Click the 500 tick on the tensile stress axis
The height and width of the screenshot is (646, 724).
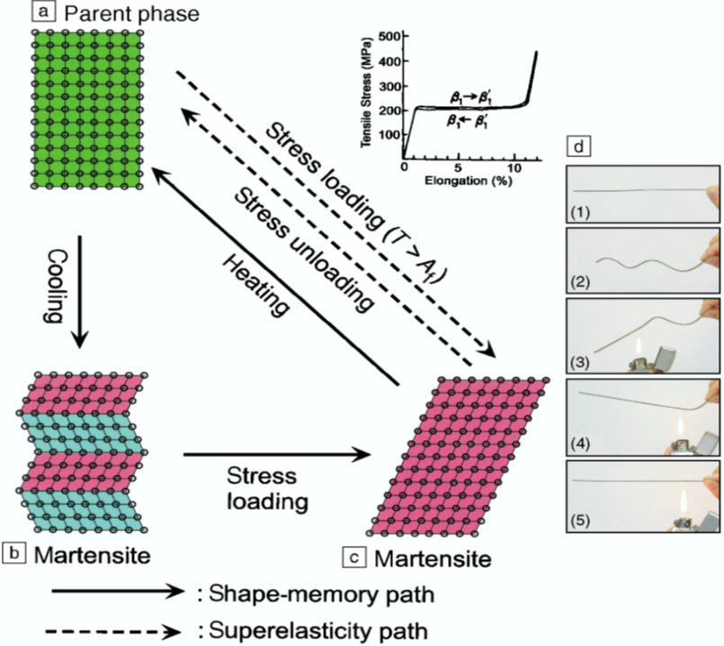click(x=389, y=36)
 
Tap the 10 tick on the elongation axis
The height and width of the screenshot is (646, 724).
click(x=513, y=168)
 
